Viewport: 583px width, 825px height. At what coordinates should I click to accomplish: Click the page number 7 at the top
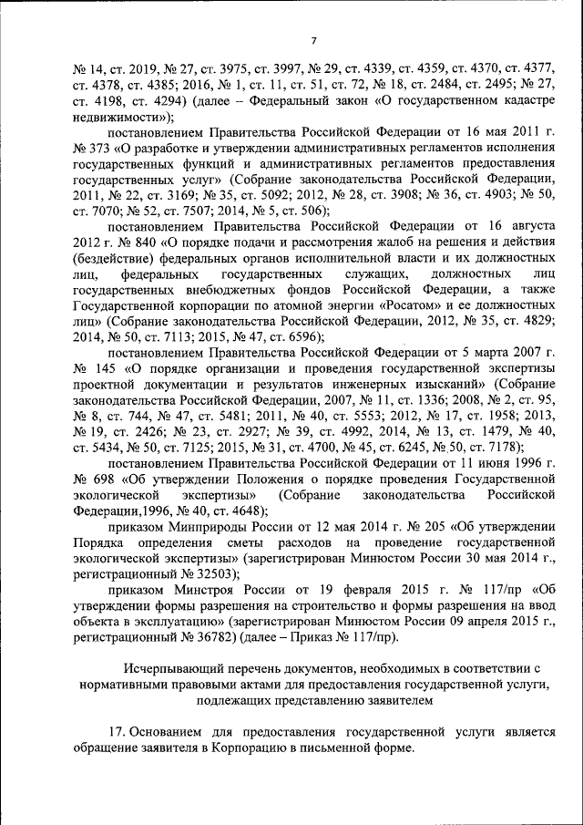[312, 40]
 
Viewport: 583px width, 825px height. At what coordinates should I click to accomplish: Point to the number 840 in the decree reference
[144, 242]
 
